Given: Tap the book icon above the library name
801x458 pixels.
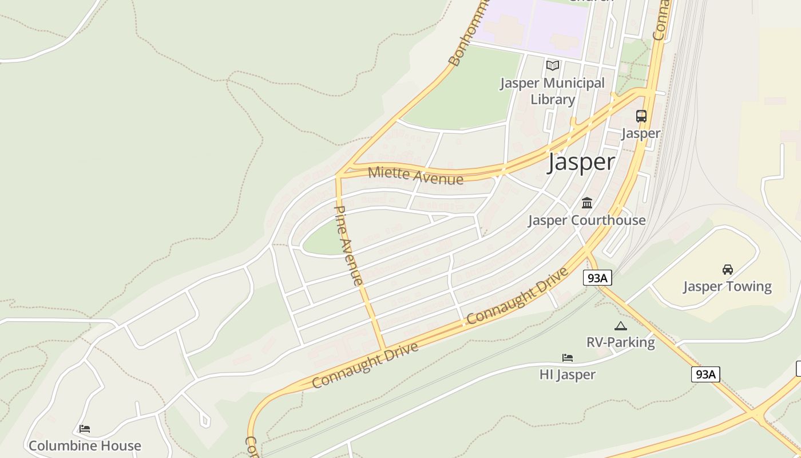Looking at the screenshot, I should [x=553, y=65].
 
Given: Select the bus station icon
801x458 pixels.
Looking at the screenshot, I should [x=641, y=116].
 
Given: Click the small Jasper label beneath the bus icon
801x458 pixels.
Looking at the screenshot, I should [x=641, y=133].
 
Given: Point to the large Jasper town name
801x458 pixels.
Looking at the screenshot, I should [x=581, y=162].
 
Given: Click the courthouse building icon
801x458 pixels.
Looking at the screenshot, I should [x=587, y=203].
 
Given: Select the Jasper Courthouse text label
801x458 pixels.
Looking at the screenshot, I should [x=586, y=220].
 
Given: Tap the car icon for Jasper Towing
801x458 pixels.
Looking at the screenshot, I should [x=728, y=269].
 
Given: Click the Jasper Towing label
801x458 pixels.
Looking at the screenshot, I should [x=727, y=286].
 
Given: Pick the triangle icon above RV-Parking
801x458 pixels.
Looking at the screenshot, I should [x=621, y=326].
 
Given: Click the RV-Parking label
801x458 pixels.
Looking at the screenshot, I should [x=621, y=342].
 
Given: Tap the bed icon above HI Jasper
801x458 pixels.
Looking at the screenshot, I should [x=568, y=358].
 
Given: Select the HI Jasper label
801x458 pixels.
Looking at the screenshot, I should [x=568, y=374].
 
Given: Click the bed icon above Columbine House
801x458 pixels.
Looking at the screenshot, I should [x=85, y=429].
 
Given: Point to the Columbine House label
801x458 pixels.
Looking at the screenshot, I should [x=85, y=445].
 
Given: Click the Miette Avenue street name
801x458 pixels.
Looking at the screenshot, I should [x=415, y=175].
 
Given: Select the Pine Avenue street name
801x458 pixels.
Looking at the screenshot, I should [x=348, y=245].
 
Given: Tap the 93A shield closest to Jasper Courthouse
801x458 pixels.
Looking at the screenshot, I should [x=597, y=278].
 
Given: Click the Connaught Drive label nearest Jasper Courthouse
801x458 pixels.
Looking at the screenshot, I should [x=518, y=296].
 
